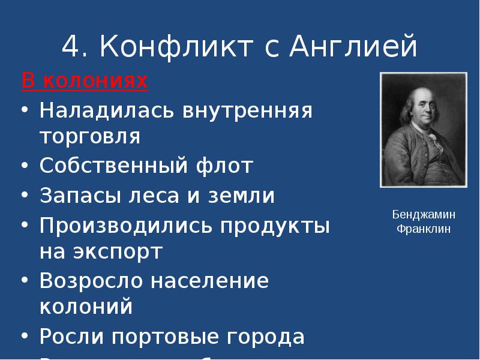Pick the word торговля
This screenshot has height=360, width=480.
[x=90, y=137]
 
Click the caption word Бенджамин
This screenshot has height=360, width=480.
[x=424, y=214]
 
